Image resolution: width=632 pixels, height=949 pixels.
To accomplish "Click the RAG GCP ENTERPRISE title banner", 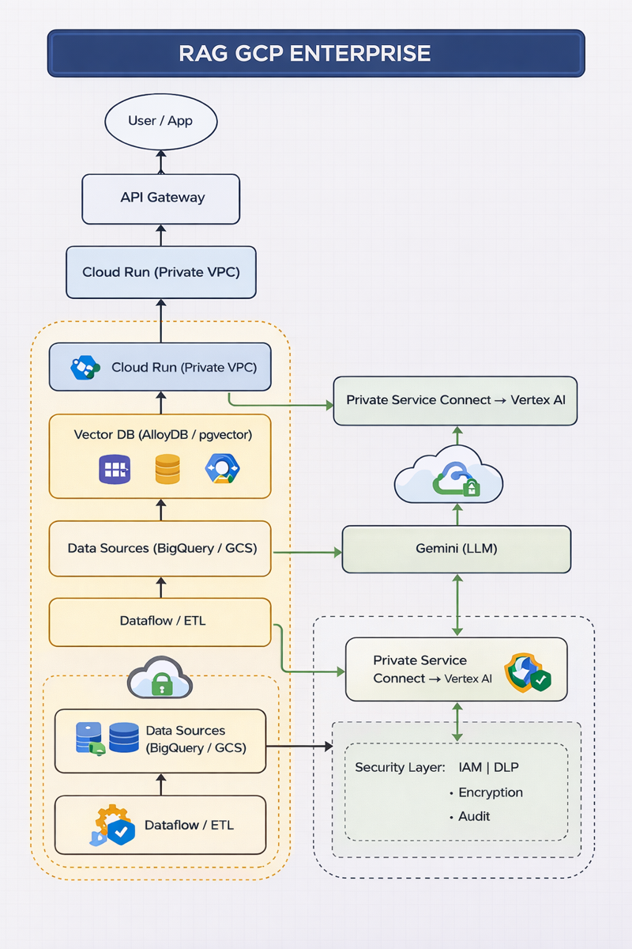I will (316, 53).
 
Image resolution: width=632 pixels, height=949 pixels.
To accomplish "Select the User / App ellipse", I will (160, 122).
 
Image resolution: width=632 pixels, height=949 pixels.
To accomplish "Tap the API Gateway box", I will (160, 198).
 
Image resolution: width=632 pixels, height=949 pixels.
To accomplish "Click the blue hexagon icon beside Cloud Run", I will (85, 368).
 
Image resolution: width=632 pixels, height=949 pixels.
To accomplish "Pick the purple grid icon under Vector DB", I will (114, 469).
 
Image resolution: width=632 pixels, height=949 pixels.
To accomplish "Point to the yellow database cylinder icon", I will (167, 469).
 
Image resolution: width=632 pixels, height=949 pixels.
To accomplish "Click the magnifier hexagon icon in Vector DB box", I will (221, 469).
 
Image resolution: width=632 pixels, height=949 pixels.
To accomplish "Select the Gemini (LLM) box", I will (456, 549).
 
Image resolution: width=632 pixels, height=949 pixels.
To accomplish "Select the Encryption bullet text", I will (491, 792).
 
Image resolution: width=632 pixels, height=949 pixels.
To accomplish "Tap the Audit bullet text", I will (475, 816).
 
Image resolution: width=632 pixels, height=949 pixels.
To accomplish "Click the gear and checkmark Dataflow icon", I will (111, 826).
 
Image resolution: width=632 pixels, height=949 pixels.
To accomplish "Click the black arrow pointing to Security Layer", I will (300, 746).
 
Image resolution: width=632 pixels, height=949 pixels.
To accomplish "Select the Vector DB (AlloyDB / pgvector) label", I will (162, 435).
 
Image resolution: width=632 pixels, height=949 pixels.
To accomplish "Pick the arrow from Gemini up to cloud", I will (457, 515).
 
